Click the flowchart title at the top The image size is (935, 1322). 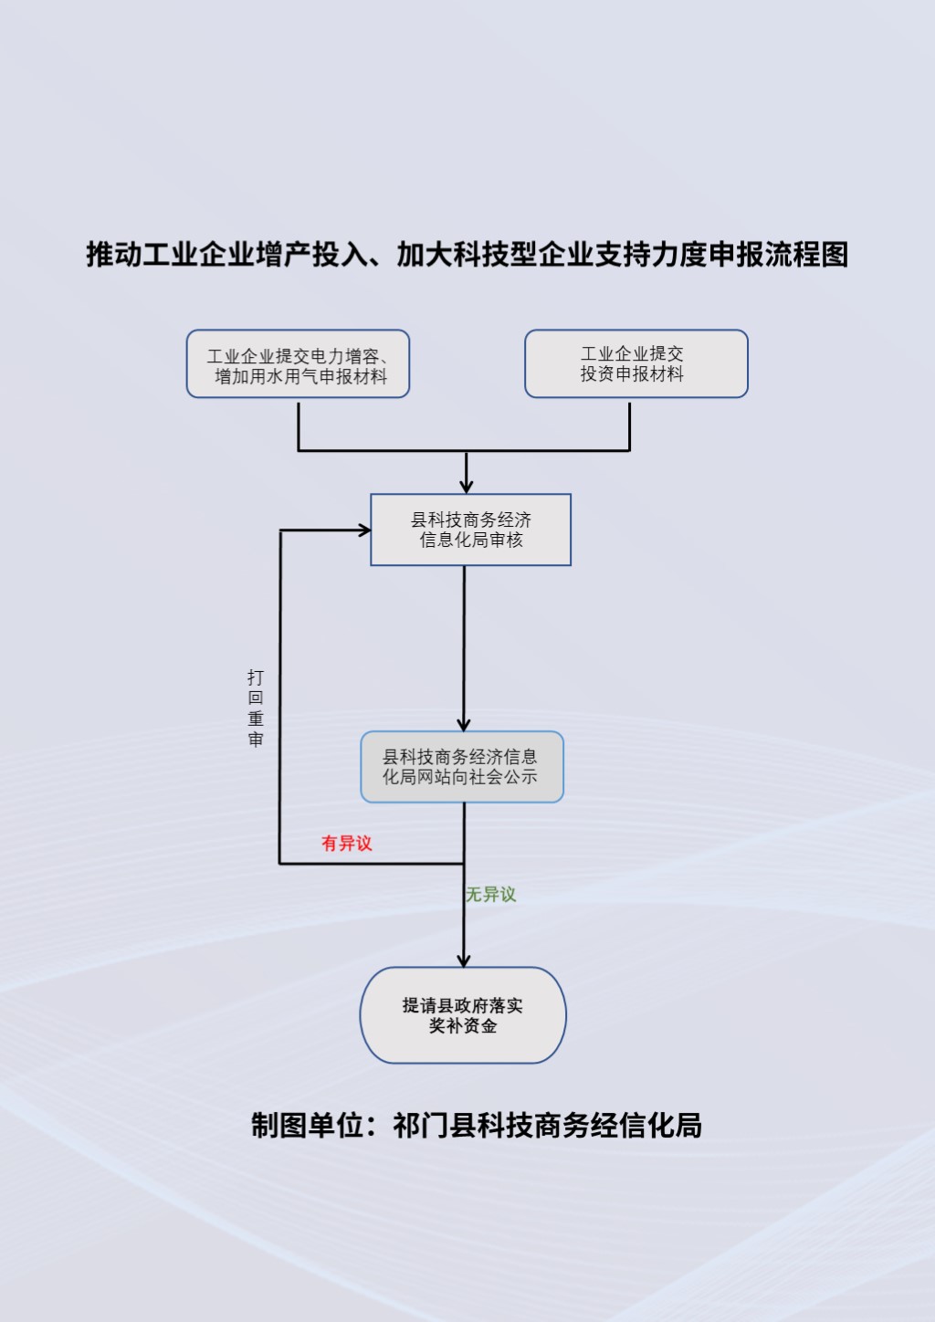click(x=467, y=255)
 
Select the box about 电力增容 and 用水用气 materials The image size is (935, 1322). click(x=298, y=364)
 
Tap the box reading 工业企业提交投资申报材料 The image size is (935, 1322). click(x=636, y=363)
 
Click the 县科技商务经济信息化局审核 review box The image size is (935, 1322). click(x=470, y=530)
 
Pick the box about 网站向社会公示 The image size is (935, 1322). click(x=461, y=767)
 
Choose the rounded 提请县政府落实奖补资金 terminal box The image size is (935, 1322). click(x=463, y=1015)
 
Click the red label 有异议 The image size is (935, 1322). click(x=347, y=844)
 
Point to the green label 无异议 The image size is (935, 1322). click(x=491, y=895)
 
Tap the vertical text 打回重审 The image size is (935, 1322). click(x=256, y=708)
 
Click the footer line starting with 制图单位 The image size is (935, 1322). click(x=476, y=1126)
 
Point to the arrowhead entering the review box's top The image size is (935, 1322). click(x=466, y=487)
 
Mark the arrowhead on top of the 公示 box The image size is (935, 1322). click(x=464, y=724)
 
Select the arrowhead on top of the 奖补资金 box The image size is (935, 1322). click(x=464, y=960)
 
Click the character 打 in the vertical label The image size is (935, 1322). click(x=256, y=677)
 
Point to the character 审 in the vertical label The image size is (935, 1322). click(x=256, y=740)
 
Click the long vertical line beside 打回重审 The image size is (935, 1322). click(x=279, y=694)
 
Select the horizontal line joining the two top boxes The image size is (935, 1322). click(x=464, y=450)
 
